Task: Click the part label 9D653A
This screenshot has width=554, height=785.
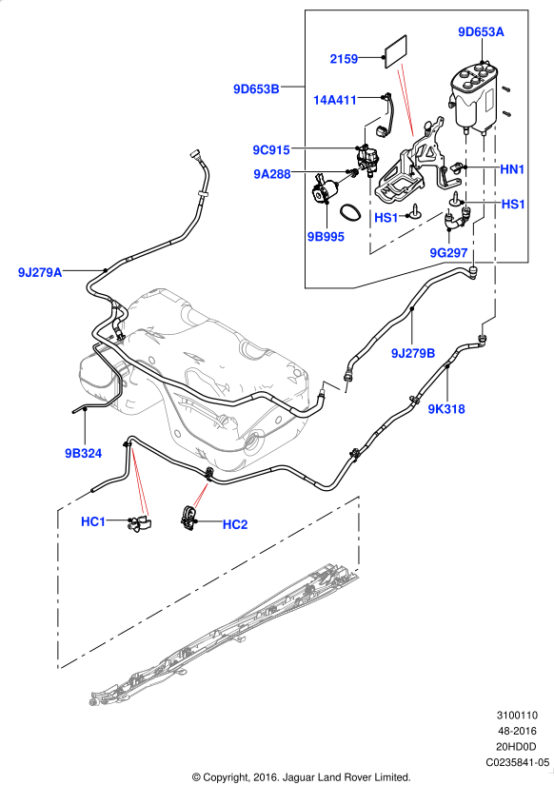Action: pos(481,32)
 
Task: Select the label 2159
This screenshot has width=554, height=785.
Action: pos(344,59)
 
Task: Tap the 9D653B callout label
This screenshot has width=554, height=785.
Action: pos(256,89)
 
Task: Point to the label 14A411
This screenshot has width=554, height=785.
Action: pos(335,100)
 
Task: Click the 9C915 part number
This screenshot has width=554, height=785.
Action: pos(271,149)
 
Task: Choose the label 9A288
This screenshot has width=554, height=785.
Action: pos(272,174)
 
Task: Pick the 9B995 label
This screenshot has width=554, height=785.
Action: pos(326,237)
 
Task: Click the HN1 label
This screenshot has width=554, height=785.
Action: pos(512,169)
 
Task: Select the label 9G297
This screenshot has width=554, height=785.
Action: pos(448,253)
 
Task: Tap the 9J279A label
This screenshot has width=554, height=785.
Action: pos(40,273)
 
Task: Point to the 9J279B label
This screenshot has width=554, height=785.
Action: pos(413,353)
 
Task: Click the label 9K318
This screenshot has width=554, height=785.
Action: pos(446,409)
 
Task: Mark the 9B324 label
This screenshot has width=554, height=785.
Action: pos(83,454)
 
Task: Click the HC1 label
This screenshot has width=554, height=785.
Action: pos(93,521)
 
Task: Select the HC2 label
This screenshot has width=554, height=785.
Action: pos(235,524)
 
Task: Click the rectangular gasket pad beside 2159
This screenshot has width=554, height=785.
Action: pos(396,52)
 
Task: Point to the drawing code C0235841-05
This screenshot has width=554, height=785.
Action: pos(518,762)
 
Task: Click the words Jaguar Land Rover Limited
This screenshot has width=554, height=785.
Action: pos(346,777)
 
